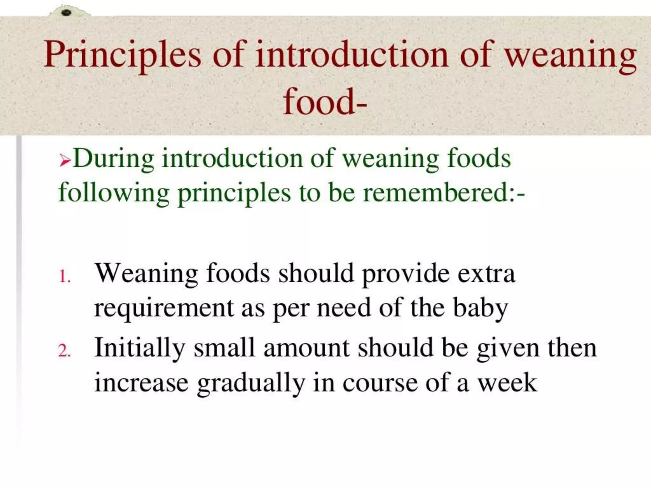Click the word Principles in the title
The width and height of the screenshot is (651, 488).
[122, 55]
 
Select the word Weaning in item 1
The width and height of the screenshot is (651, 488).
[146, 274]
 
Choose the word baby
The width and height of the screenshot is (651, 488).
[480, 308]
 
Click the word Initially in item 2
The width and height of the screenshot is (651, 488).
[140, 348]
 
